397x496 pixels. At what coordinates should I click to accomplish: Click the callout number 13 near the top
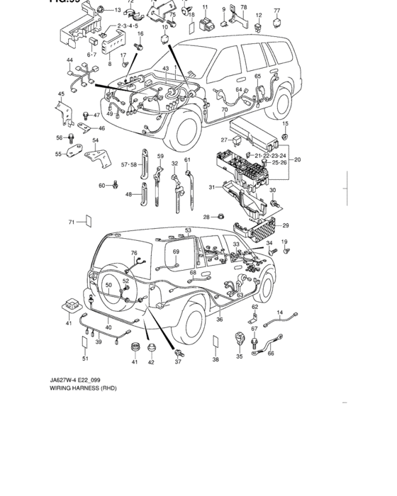(x=118, y=11)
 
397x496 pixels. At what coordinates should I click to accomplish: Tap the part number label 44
(x=69, y=61)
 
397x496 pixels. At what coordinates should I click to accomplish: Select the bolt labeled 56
(x=71, y=139)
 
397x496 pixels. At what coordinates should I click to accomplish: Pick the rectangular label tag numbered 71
(x=87, y=222)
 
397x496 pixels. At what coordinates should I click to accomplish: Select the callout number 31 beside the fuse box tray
(x=211, y=187)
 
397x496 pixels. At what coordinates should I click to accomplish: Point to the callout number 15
(x=285, y=124)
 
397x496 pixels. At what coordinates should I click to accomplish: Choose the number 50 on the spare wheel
(x=108, y=285)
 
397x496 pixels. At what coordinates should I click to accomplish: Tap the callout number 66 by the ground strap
(x=271, y=354)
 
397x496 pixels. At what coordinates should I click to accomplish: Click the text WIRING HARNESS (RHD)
(x=83, y=388)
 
